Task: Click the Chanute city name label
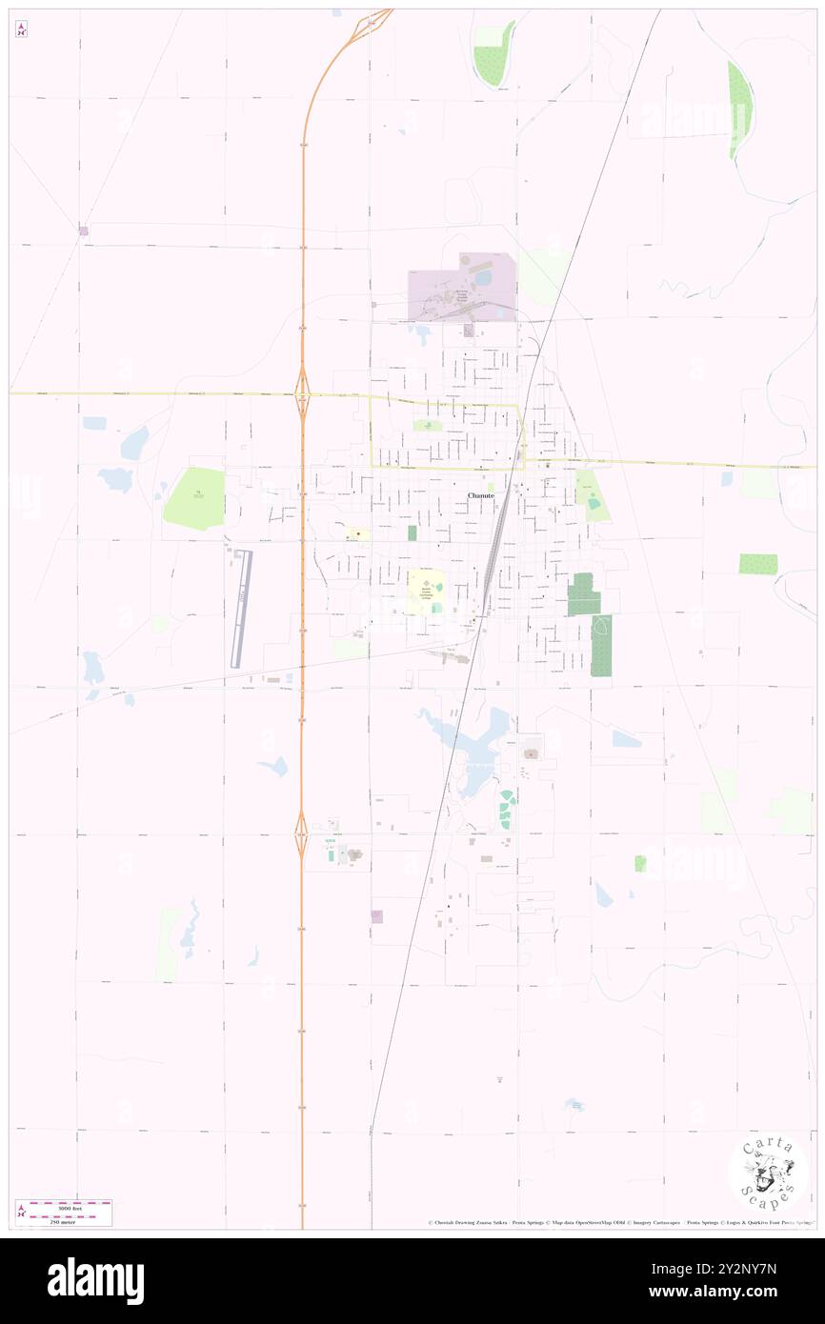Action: point(481,496)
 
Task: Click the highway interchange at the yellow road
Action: point(302,392)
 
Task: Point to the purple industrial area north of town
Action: point(462,286)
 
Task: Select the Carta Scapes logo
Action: point(768,1174)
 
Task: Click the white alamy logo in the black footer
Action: point(95,1281)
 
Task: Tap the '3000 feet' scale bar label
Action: point(64,1205)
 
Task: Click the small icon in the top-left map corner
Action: point(21,30)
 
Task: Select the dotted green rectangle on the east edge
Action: point(757,564)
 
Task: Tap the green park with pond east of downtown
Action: point(593,497)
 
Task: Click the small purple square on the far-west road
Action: point(84,231)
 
